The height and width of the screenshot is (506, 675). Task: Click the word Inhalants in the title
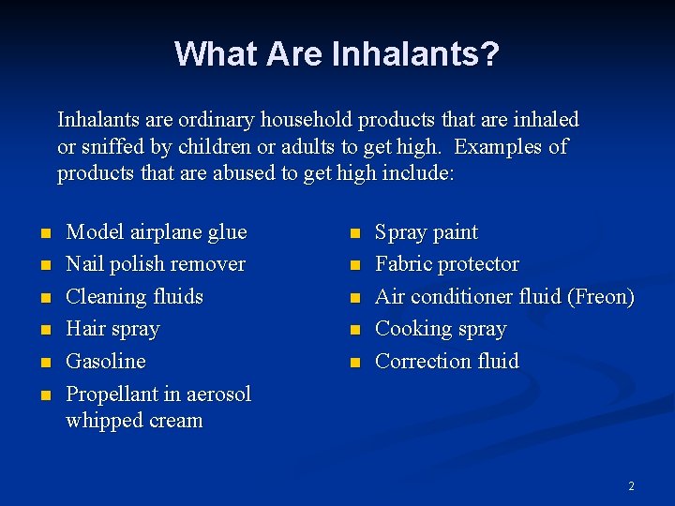[404, 53]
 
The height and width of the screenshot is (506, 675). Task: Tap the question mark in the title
[489, 53]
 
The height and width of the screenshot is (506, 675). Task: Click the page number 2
[631, 486]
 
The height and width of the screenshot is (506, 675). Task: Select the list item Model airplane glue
[157, 232]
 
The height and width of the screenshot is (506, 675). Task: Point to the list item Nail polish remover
[156, 264]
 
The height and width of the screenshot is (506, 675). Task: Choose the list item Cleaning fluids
[134, 297]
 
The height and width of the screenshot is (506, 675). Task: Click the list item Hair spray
[112, 329]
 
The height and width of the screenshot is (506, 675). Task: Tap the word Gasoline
[106, 361]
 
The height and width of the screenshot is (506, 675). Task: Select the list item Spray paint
[426, 232]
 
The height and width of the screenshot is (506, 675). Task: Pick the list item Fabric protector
[446, 264]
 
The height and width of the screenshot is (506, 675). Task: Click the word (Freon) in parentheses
[601, 297]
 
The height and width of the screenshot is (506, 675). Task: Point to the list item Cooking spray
[440, 329]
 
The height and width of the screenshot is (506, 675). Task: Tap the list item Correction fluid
[446, 361]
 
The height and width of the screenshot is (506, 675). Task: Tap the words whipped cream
[134, 421]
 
